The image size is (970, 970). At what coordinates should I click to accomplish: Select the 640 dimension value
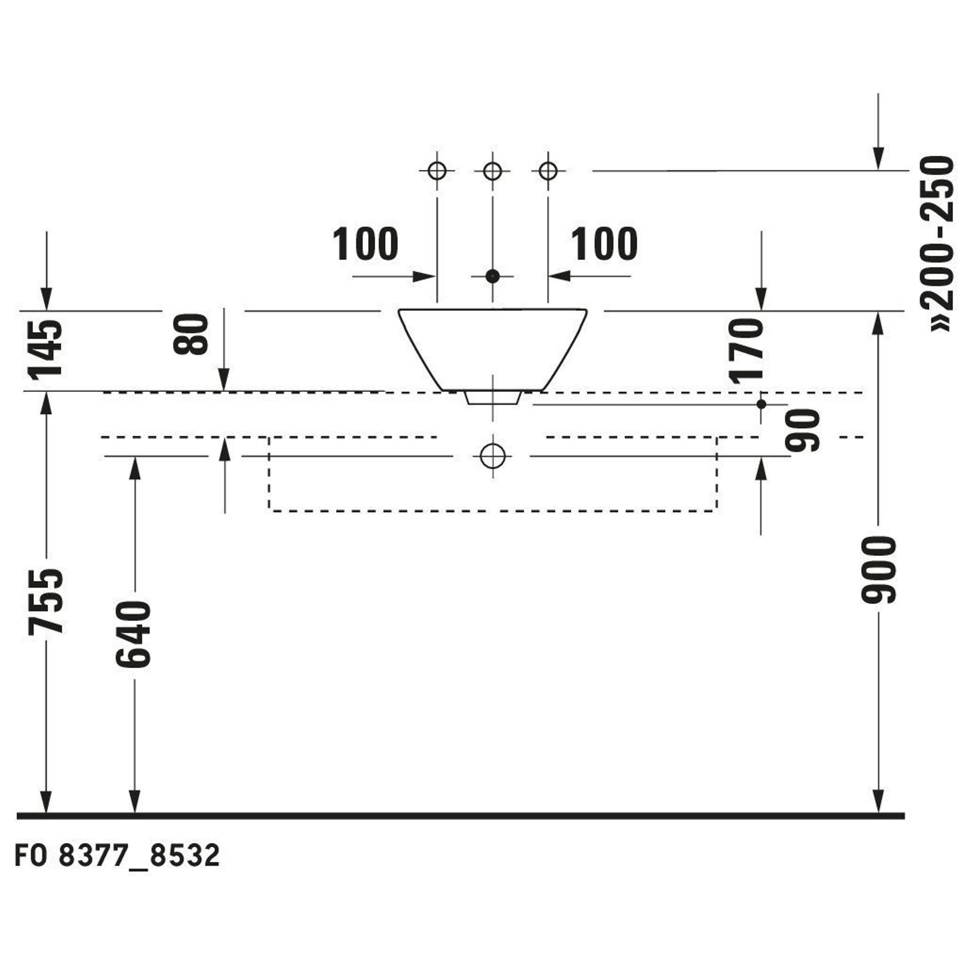133,634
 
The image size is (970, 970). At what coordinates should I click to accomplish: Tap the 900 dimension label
878,569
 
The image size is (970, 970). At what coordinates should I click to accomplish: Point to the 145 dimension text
46,349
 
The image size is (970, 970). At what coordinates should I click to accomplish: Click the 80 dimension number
190,334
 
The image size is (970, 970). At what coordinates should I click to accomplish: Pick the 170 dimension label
746,352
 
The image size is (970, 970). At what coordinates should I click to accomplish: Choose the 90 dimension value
803,430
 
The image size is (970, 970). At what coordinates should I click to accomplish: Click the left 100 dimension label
366,244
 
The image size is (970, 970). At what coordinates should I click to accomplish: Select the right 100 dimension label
604,244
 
